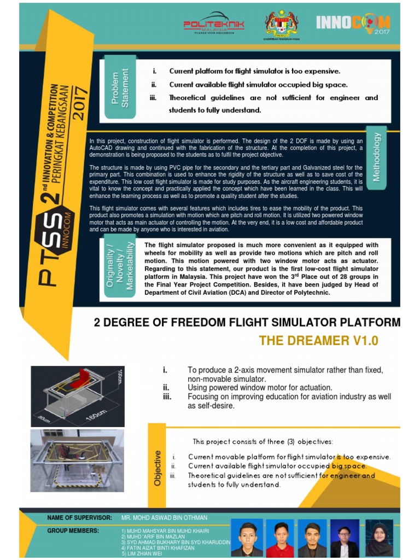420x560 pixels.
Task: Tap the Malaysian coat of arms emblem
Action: coord(282,25)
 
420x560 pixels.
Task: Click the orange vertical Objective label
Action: coord(157,468)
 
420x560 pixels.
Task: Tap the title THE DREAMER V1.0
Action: coord(318,341)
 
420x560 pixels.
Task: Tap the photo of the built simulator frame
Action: coord(77,460)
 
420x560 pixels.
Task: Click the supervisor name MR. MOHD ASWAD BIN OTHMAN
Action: coord(164,517)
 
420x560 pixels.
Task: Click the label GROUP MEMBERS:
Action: coord(73,530)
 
